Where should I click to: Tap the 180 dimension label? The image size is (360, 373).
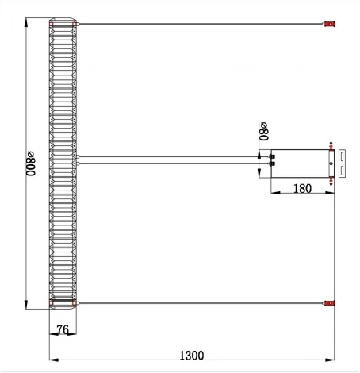tap(302, 188)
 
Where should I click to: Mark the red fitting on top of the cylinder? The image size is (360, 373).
tap(328, 144)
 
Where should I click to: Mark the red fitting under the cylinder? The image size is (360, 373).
tap(328, 179)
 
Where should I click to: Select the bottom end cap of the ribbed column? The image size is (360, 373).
tap(64, 302)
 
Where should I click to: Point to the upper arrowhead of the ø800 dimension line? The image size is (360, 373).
tap(27, 21)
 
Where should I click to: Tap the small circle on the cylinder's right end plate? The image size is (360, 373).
tap(329, 163)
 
